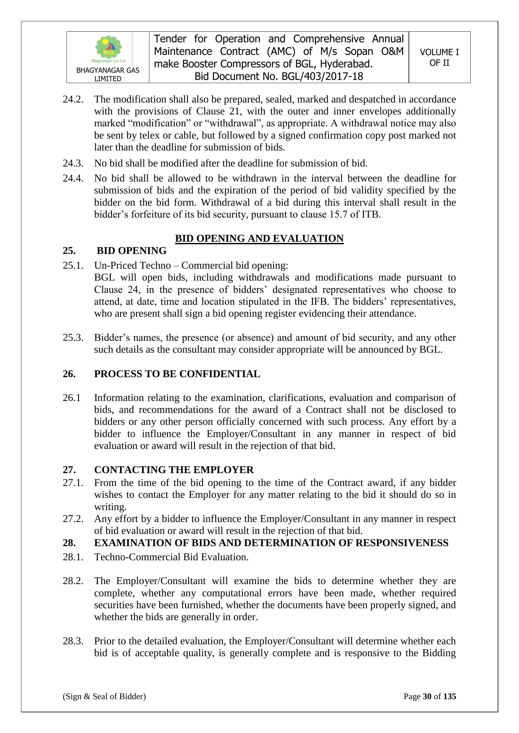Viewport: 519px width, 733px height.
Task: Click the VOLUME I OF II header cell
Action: pyautogui.click(x=439, y=57)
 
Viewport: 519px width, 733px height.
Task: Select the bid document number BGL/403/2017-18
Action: pyautogui.click(x=323, y=76)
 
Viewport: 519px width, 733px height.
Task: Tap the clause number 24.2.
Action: pyautogui.click(x=73, y=99)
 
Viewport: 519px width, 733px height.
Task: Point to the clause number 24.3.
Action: pyautogui.click(x=73, y=163)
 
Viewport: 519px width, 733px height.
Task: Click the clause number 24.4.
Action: pyautogui.click(x=73, y=178)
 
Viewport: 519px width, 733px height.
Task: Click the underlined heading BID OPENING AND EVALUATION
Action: pyautogui.click(x=259, y=239)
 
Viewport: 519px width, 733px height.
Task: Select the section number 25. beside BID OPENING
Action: pyautogui.click(x=69, y=250)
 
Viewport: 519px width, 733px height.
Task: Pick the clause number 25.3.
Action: pyautogui.click(x=73, y=337)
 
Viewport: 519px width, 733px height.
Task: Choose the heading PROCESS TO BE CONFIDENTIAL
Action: pyautogui.click(x=177, y=374)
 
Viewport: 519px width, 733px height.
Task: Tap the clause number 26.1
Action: pyautogui.click(x=72, y=398)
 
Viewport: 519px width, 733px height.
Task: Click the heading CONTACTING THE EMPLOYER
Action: pyautogui.click(x=174, y=470)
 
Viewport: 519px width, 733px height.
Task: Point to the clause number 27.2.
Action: pyautogui.click(x=73, y=519)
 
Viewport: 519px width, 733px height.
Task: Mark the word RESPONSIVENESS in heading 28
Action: pyautogui.click(x=402, y=543)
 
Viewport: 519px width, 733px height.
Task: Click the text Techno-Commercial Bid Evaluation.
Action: pyautogui.click(x=171, y=557)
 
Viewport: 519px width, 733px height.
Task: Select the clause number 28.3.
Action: pyautogui.click(x=73, y=641)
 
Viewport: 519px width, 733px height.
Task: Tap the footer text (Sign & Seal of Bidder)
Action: pyautogui.click(x=104, y=696)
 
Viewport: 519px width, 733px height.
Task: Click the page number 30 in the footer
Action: pyautogui.click(x=427, y=696)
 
